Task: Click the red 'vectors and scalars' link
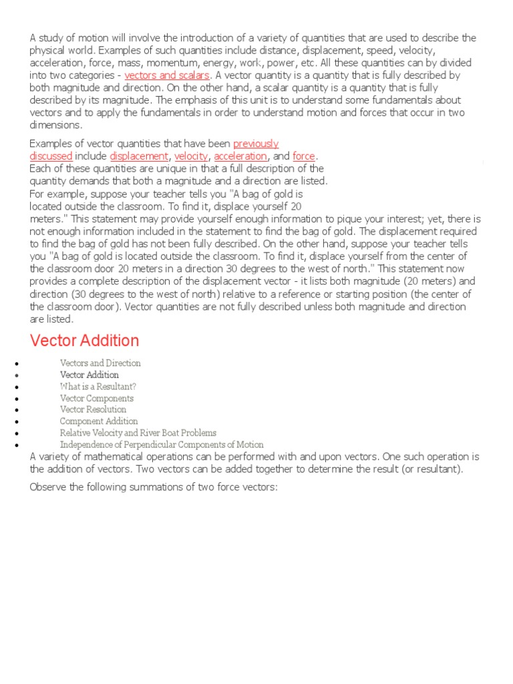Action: click(x=167, y=75)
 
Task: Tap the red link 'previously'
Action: click(x=256, y=144)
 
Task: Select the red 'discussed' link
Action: click(x=51, y=156)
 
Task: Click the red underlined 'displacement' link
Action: click(x=139, y=156)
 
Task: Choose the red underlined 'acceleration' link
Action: click(x=240, y=156)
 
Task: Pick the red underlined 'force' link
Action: click(x=303, y=156)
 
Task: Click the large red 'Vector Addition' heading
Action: click(x=85, y=341)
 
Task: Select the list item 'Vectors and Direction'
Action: click(x=100, y=363)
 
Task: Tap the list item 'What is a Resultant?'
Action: click(x=98, y=387)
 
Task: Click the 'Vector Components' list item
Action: click(x=97, y=398)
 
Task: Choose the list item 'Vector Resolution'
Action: click(x=93, y=409)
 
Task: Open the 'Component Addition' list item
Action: click(x=99, y=421)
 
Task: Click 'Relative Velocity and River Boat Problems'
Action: click(x=138, y=433)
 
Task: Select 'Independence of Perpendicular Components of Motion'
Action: click(x=162, y=444)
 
